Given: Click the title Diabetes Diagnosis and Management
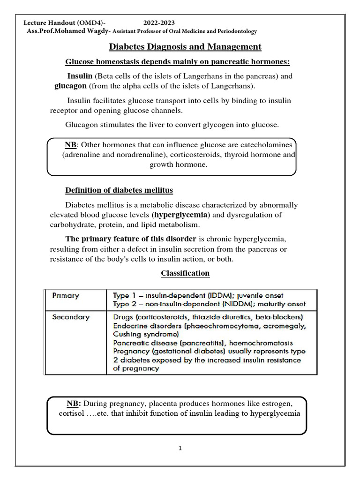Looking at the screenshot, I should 185,47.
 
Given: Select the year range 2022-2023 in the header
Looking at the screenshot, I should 159,23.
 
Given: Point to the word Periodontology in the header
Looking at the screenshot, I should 234,31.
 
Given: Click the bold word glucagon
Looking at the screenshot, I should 70,86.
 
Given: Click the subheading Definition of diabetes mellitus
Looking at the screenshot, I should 119,190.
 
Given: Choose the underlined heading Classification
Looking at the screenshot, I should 185,273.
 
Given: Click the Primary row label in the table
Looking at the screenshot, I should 66,296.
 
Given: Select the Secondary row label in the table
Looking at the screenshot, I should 70,317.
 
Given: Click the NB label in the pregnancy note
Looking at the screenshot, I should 74,404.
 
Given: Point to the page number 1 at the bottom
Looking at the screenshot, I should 180,448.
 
